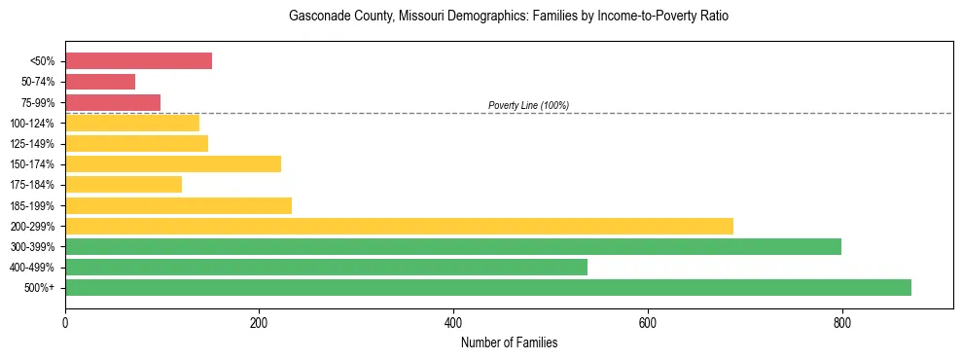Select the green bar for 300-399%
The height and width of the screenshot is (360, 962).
pos(453,246)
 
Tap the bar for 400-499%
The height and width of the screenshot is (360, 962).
pos(326,267)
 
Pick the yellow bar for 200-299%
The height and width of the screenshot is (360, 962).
pos(399,226)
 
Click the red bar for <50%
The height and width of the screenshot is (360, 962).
pos(138,61)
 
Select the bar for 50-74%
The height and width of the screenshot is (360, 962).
pos(100,82)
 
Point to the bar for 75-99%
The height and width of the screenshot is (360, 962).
pos(113,102)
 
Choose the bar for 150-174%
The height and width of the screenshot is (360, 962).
pos(173,163)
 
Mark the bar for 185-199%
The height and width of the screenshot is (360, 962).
pos(178,205)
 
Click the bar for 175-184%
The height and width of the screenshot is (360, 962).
pos(124,184)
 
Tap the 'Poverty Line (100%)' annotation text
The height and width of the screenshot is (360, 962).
pos(528,105)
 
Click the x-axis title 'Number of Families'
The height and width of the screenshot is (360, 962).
pos(509,342)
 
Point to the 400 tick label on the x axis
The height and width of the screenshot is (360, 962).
pos(453,322)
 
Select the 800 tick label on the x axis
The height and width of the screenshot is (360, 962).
pos(841,322)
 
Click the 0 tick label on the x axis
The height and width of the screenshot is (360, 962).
pos(65,322)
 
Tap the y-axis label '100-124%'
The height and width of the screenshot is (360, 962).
pos(32,124)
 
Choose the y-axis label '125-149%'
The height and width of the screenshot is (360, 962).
pos(32,144)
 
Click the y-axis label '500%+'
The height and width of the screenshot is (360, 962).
pos(38,288)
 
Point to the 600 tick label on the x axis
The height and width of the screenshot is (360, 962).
pos(648,322)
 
